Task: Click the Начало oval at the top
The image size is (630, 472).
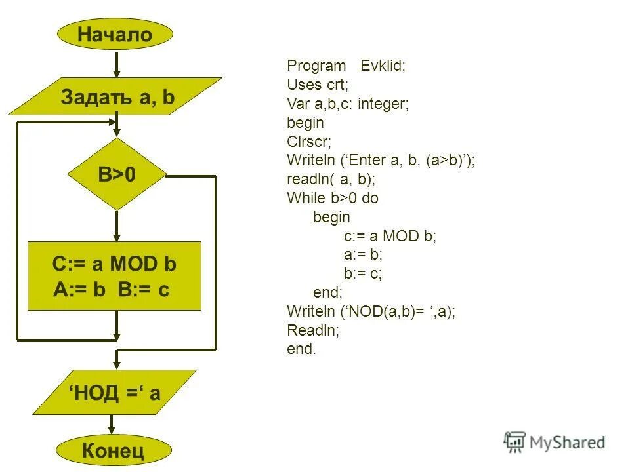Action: click(x=115, y=34)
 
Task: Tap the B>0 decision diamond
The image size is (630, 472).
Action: click(x=117, y=174)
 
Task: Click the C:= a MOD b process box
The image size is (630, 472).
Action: click(x=114, y=276)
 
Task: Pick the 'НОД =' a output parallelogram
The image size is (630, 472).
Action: click(x=115, y=392)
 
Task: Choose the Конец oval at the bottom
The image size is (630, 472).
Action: click(x=114, y=450)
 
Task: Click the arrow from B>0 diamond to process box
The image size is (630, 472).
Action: click(x=117, y=226)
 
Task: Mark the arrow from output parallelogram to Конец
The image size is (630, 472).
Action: click(x=115, y=425)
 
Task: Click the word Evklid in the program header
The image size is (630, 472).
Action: click(x=383, y=66)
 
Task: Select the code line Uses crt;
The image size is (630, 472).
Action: click(x=317, y=85)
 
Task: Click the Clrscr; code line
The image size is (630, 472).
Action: click(x=309, y=141)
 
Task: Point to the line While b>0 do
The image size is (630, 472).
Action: click(x=333, y=198)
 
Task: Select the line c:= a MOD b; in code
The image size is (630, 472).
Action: click(x=390, y=236)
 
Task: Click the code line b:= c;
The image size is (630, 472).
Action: click(x=363, y=273)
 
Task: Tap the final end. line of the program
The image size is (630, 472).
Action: click(x=301, y=349)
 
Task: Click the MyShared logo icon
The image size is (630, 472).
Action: click(x=514, y=442)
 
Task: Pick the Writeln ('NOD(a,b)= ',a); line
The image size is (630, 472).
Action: click(x=371, y=311)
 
